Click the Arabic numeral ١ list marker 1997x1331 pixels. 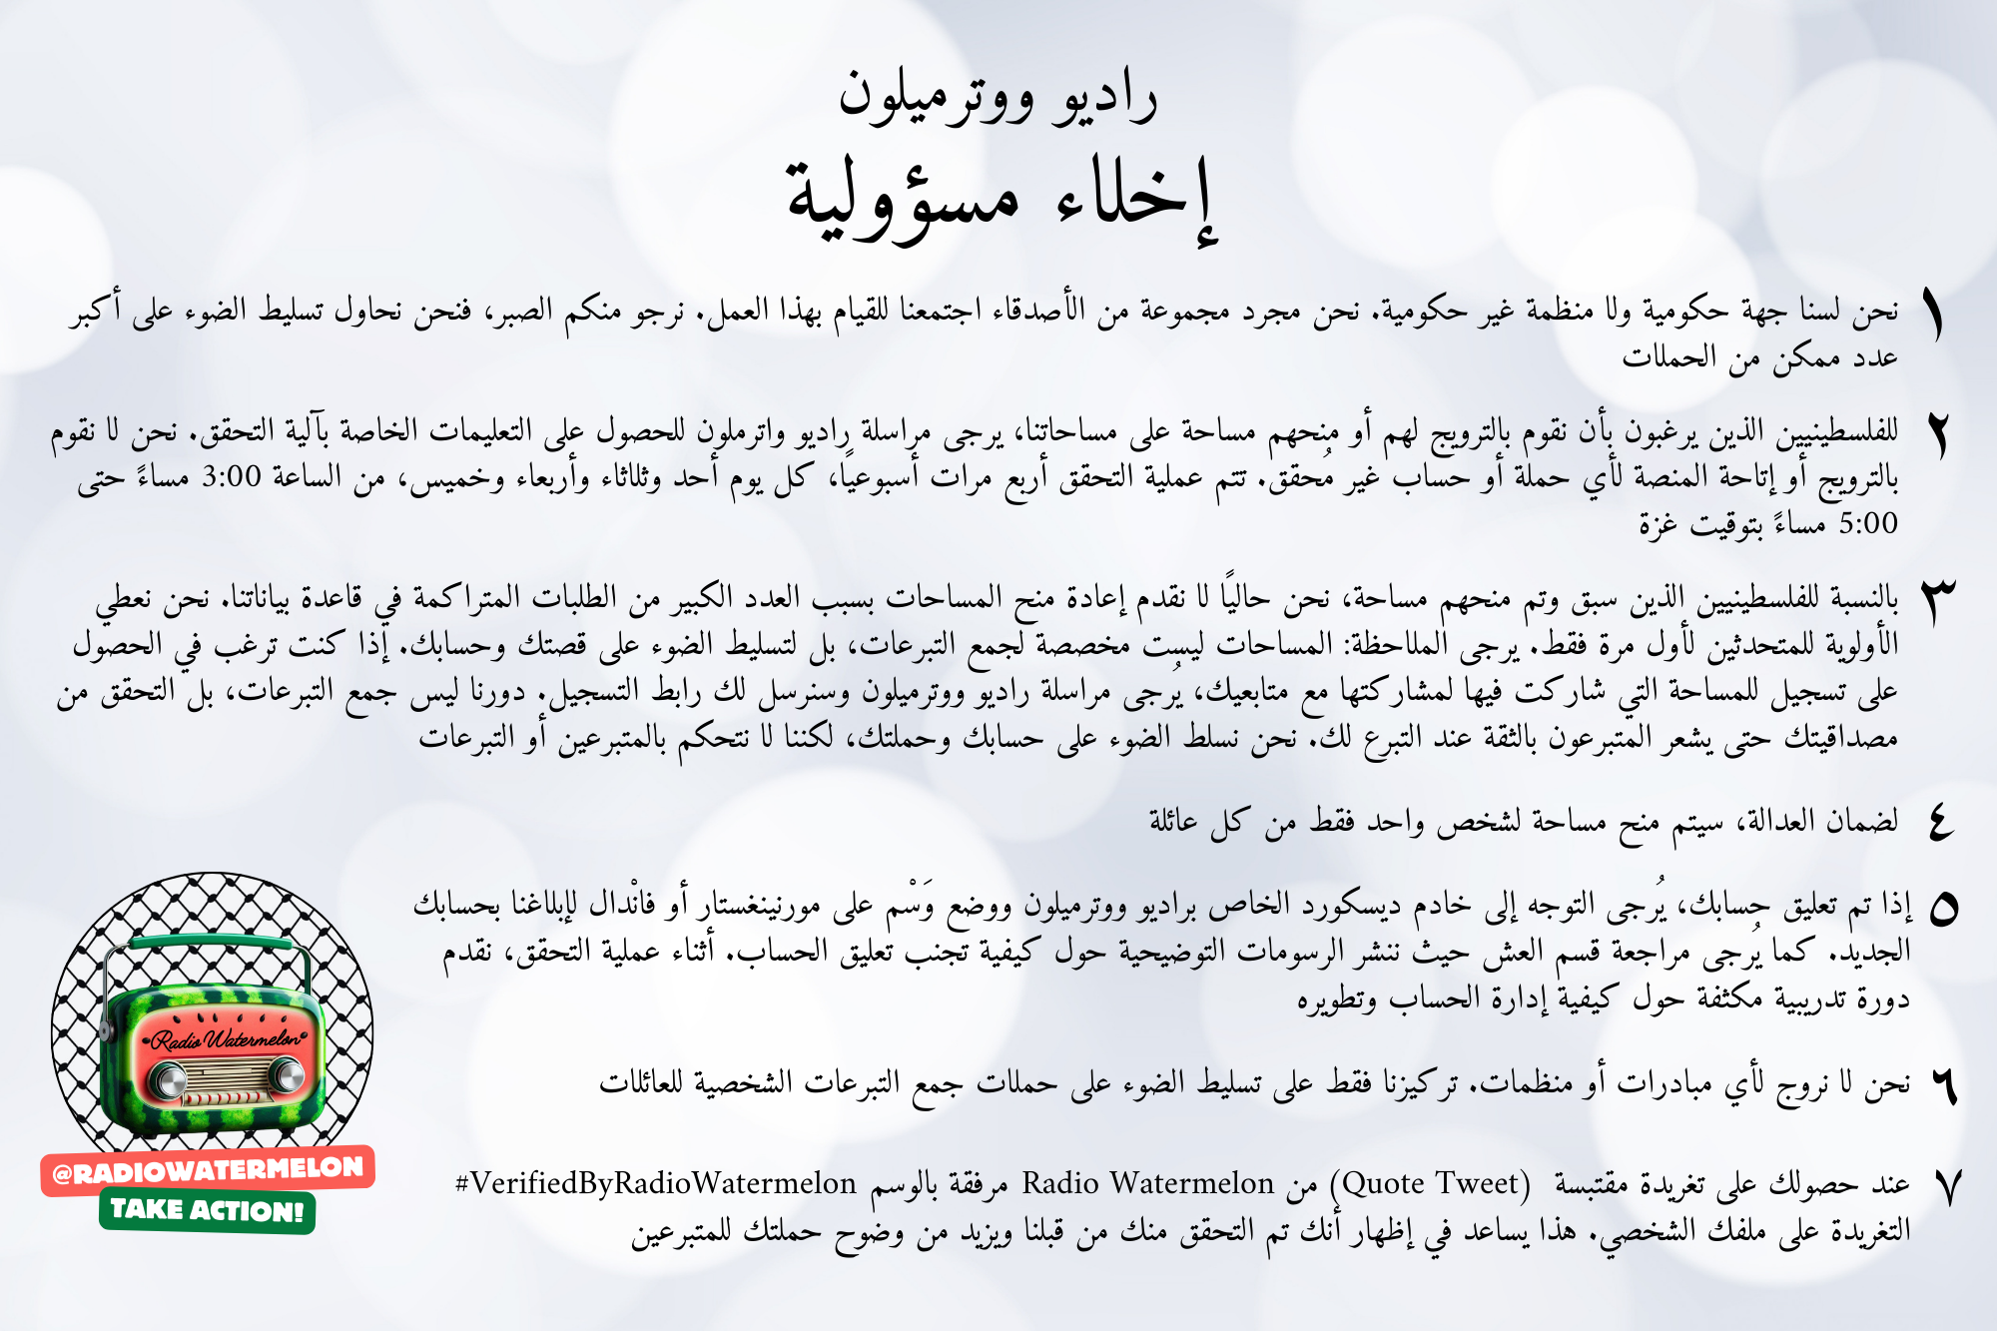1935,318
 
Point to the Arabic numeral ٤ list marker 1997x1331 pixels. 1940,823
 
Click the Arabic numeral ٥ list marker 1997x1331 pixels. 1943,910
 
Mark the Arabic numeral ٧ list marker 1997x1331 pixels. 1945,1187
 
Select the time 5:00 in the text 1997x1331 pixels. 1867,523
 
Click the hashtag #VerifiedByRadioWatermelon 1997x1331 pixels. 655,1184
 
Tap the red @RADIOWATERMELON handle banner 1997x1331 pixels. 208,1169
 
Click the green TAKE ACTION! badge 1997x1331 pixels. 207,1210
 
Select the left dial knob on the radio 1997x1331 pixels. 168,1080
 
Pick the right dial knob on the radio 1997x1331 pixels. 288,1076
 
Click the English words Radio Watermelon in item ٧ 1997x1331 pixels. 1148,1184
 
